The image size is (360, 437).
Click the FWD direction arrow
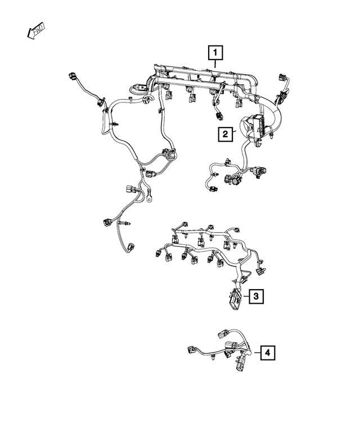(x=37, y=31)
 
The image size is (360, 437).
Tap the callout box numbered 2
(x=224, y=134)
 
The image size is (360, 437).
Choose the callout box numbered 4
(x=268, y=353)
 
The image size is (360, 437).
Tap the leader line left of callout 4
(x=256, y=353)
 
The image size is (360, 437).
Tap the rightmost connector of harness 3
(x=260, y=272)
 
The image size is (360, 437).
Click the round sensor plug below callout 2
(x=231, y=179)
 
